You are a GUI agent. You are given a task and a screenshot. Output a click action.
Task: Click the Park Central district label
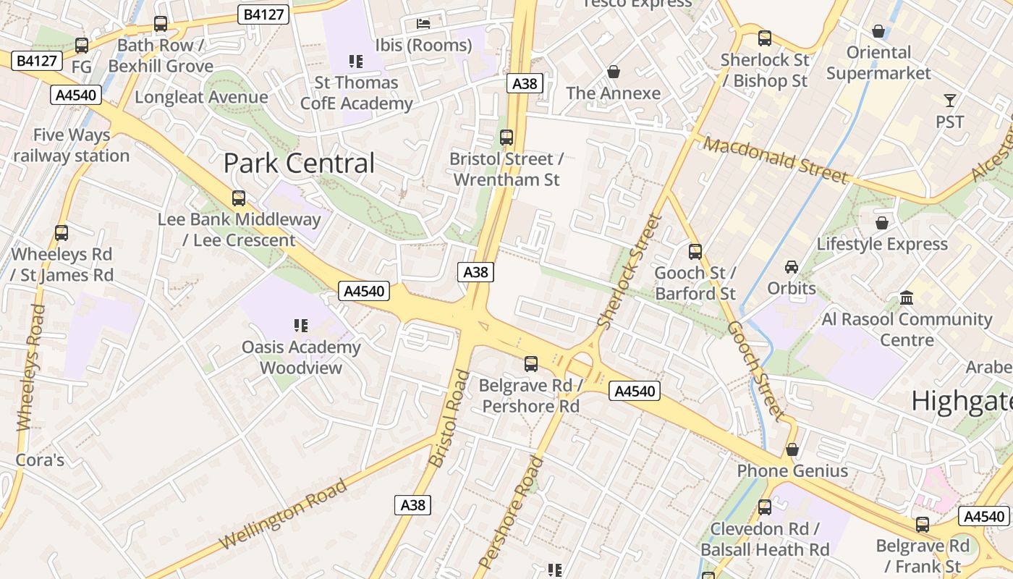(299, 164)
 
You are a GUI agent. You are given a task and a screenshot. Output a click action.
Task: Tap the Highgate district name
(961, 401)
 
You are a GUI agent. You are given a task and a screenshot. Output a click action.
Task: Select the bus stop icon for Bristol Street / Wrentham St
(506, 137)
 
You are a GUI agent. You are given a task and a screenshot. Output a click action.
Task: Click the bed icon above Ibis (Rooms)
(423, 24)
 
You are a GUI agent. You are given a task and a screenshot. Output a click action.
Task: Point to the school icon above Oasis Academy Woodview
(301, 326)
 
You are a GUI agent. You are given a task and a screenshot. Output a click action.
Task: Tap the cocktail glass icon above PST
(949, 101)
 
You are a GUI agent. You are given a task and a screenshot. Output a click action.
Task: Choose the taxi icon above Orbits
(792, 267)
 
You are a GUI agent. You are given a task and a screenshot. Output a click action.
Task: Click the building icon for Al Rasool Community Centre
(906, 297)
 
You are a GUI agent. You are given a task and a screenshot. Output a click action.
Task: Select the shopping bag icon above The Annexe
(614, 72)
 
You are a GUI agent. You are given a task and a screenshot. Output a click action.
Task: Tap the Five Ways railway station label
(71, 145)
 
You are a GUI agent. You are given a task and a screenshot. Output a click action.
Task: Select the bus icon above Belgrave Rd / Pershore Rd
(531, 364)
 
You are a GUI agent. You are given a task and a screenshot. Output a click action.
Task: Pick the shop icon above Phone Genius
(792, 449)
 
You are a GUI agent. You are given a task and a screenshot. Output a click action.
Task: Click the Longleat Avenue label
(201, 97)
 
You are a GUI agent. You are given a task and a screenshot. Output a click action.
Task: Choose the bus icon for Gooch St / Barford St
(695, 252)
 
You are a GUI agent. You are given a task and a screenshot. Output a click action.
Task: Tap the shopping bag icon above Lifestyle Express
(881, 223)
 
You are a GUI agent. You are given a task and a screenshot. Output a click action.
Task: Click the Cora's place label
(41, 460)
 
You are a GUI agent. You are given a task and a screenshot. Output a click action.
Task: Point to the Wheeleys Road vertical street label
(31, 367)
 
